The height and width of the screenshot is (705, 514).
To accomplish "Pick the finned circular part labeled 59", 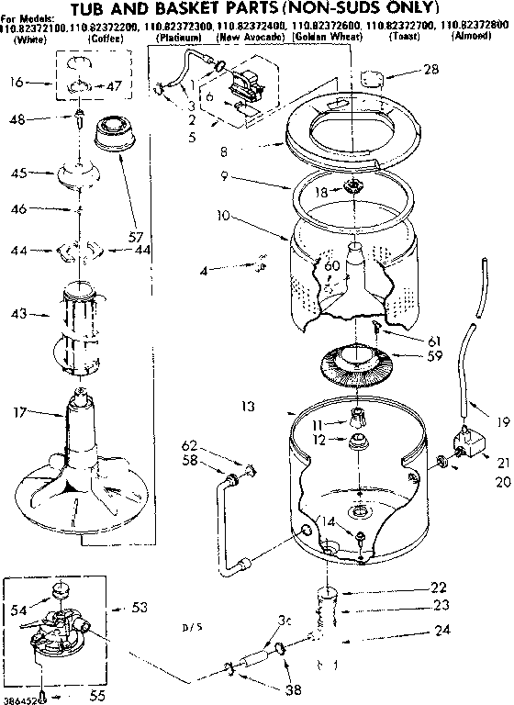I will coord(354,362).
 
